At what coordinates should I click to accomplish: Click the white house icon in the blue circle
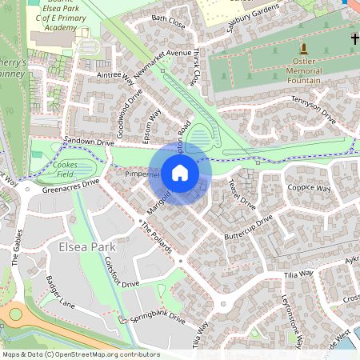coord(180,172)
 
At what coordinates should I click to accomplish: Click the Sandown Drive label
coord(90,142)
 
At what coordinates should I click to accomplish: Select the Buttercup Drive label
coord(248,225)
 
